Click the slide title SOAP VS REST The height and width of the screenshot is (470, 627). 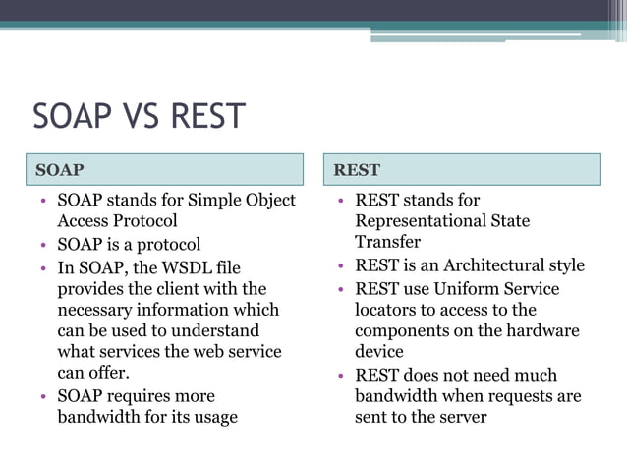(x=139, y=116)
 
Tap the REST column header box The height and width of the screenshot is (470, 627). (x=463, y=169)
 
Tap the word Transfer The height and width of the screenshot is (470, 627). (x=387, y=242)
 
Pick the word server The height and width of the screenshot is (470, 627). (x=461, y=417)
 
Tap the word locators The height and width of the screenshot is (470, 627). (x=389, y=310)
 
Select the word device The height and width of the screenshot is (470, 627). (x=379, y=351)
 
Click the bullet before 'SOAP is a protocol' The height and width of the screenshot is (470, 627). (x=43, y=245)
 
